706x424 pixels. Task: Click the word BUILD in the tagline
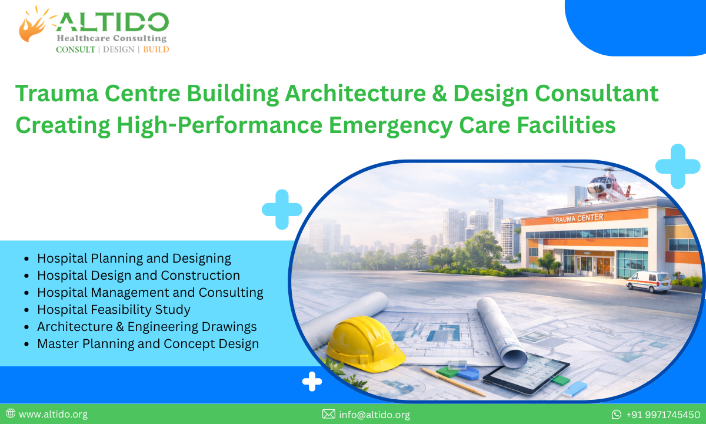pyautogui.click(x=156, y=49)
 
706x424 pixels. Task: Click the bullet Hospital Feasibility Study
pyautogui.click(x=114, y=309)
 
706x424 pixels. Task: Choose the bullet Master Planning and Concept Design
pyautogui.click(x=148, y=343)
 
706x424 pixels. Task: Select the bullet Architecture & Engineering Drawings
pyautogui.click(x=146, y=326)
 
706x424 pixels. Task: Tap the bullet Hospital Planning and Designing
pyautogui.click(x=134, y=258)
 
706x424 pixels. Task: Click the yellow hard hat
pyautogui.click(x=364, y=343)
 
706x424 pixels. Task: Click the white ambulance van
pyautogui.click(x=648, y=281)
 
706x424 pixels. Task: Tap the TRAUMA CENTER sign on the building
pyautogui.click(x=577, y=218)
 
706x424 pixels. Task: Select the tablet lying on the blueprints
pyautogui.click(x=526, y=375)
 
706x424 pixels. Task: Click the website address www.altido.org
pyautogui.click(x=53, y=415)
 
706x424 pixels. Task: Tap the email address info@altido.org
pyautogui.click(x=374, y=415)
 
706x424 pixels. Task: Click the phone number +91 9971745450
pyautogui.click(x=663, y=415)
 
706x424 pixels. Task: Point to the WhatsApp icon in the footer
pyautogui.click(x=617, y=415)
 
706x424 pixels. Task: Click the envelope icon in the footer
pyautogui.click(x=329, y=415)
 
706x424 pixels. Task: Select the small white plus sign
pyautogui.click(x=312, y=382)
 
